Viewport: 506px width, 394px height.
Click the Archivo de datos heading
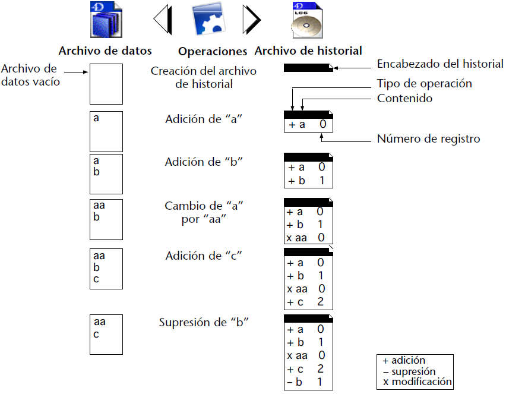[105, 51]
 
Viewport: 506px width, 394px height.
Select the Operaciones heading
[212, 51]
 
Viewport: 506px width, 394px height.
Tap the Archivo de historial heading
[308, 51]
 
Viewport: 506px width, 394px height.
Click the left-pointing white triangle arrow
[163, 20]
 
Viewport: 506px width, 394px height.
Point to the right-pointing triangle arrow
[251, 20]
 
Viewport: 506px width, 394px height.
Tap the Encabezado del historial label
[440, 64]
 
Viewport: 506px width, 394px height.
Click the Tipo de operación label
[424, 84]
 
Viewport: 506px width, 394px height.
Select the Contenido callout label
[404, 98]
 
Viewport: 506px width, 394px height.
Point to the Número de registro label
[428, 139]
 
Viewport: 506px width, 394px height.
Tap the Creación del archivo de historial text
[203, 77]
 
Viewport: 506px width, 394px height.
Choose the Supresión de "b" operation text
[203, 323]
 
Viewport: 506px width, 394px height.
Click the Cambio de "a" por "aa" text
[204, 212]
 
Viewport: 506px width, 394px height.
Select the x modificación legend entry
[416, 382]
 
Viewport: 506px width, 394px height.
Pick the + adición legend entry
[404, 360]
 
